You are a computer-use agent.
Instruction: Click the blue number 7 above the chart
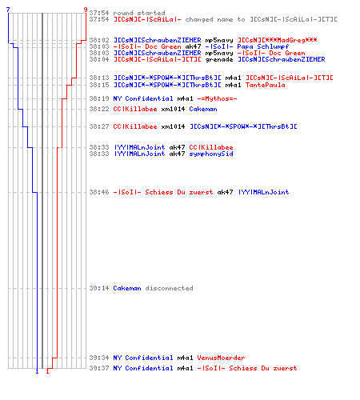tap(8, 10)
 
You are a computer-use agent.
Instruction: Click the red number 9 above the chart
tap(86, 10)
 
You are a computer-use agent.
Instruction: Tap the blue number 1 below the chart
tap(37, 371)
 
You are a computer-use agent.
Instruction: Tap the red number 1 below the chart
tap(47, 371)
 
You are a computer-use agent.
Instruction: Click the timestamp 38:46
tap(99, 192)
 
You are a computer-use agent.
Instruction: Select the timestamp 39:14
tap(99, 288)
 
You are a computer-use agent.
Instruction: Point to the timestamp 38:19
tap(99, 98)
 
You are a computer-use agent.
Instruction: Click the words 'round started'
tap(139, 13)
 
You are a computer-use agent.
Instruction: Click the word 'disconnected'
tap(170, 288)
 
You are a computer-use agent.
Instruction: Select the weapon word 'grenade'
tap(219, 59)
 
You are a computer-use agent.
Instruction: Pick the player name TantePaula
tap(266, 85)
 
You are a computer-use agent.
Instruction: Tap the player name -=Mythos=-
tap(217, 98)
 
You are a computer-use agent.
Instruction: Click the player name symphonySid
tap(211, 154)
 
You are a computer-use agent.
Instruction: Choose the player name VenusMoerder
tap(221, 358)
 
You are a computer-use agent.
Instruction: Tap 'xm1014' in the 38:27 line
tap(173, 126)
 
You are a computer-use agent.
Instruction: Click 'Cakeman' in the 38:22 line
tap(203, 109)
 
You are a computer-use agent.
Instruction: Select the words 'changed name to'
tap(215, 19)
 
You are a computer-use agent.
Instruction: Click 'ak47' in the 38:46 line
tap(225, 192)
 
